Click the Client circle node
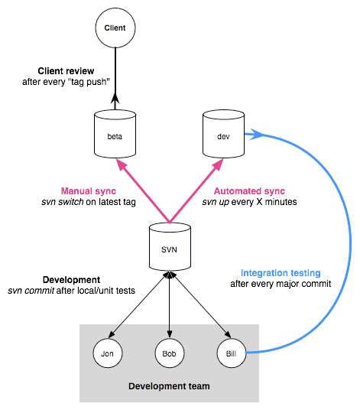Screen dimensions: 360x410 [x=115, y=28]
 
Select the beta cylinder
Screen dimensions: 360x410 [x=115, y=134]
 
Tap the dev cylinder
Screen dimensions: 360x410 [x=224, y=134]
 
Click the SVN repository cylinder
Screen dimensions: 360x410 [x=170, y=247]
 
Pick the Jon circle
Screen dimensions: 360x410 [x=108, y=353]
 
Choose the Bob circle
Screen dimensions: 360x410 [x=170, y=353]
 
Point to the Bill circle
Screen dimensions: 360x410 [x=232, y=353]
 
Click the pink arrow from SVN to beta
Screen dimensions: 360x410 [x=143, y=191]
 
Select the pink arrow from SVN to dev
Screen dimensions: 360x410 [x=196, y=191]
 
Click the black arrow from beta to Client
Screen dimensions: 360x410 [x=115, y=79]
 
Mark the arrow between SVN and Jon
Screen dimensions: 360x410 [x=138, y=304]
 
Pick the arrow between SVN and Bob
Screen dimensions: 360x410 [x=170, y=304]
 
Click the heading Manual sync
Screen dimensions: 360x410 [x=89, y=191]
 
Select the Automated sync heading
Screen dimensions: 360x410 [x=249, y=191]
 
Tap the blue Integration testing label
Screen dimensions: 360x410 [x=281, y=273]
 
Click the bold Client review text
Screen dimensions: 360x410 [x=66, y=71]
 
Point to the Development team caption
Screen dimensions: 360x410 [x=169, y=386]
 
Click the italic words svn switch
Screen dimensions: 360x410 [x=63, y=202]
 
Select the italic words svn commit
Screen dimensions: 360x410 [x=31, y=291]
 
